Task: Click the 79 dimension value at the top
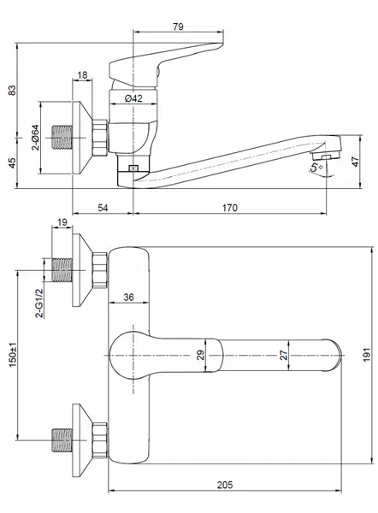[x=178, y=27]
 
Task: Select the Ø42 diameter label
[x=133, y=98]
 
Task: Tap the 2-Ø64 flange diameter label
[x=35, y=138]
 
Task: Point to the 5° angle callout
[x=316, y=168]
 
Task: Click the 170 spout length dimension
[x=230, y=208]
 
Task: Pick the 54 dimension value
[x=103, y=208]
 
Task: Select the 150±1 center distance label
[x=13, y=355]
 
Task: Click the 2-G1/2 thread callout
[x=39, y=303]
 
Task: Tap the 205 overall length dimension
[x=225, y=485]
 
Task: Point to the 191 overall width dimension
[x=367, y=355]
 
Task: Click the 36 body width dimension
[x=128, y=297]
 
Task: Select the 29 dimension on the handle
[x=200, y=355]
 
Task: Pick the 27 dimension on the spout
[x=283, y=355]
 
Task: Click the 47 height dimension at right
[x=355, y=162]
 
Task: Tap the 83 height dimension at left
[x=12, y=91]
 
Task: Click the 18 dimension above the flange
[x=82, y=75]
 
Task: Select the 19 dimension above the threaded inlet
[x=62, y=222]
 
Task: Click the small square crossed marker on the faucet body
[x=133, y=168]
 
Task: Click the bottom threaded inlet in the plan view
[x=62, y=440]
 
